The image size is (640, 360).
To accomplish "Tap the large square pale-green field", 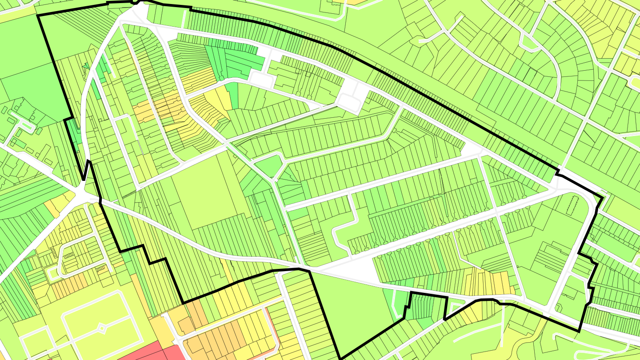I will pyautogui.click(x=204, y=196).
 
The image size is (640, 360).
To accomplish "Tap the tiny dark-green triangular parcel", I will pyautogui.click(x=86, y=67).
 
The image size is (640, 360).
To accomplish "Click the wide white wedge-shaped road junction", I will pyautogui.click(x=356, y=269).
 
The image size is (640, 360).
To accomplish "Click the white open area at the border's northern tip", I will pyautogui.click(x=138, y=11).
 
